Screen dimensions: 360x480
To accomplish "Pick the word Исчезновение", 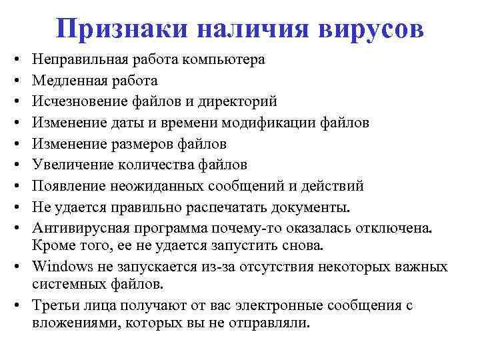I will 77,101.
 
